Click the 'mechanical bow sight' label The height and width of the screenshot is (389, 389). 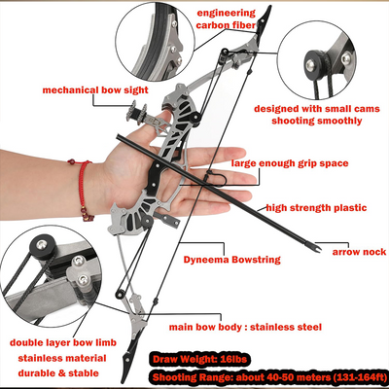95,89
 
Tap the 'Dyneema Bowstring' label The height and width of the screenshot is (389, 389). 231,260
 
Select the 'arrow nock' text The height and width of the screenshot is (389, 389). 359,252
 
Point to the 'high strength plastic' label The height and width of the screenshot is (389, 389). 316,208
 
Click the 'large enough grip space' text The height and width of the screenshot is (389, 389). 290,163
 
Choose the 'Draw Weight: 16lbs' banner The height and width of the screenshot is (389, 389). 199,359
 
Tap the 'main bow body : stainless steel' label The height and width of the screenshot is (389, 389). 245,327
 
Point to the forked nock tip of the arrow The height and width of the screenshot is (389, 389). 317,249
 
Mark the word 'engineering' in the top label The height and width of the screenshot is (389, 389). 227,14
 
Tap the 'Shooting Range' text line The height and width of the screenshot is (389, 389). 267,377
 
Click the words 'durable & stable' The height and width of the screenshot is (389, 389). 58,373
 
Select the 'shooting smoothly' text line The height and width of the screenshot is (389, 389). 317,121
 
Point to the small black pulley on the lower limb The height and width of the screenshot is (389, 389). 121,293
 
